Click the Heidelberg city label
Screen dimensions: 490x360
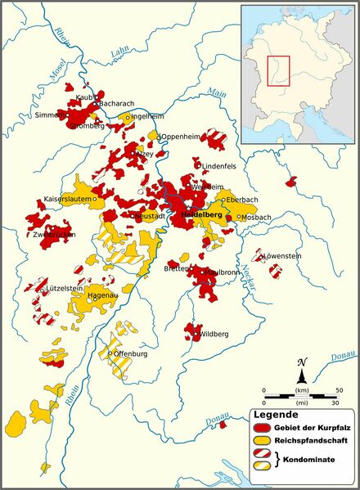pyautogui.click(x=199, y=214)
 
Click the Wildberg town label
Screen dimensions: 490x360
pyautogui.click(x=214, y=334)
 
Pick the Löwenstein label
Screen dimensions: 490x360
pyautogui.click(x=283, y=256)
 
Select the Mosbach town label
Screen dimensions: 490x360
pyautogui.click(x=257, y=217)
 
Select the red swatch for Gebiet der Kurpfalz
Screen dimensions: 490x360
pyautogui.click(x=262, y=429)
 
